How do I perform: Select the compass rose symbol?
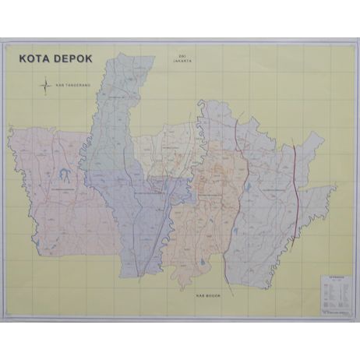point(46,84)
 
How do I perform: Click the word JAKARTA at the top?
point(184,61)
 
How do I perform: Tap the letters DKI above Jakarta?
point(184,55)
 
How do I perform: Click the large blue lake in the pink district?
point(60,176)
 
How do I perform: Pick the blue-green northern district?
point(113,117)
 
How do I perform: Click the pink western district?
point(55,203)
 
